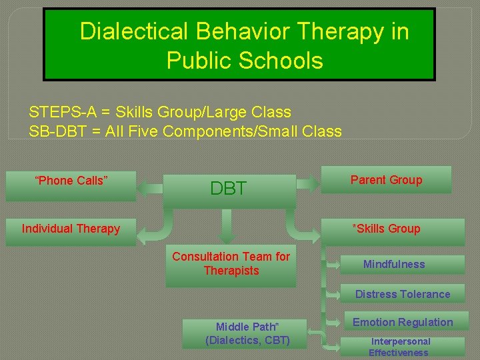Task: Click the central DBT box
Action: [229, 189]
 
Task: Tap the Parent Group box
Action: [386, 180]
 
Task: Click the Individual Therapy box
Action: [71, 229]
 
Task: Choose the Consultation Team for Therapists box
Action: [231, 264]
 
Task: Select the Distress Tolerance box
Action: [402, 294]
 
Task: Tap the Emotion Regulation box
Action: [402, 323]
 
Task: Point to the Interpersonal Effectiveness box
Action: [400, 347]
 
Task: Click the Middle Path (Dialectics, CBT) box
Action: [247, 333]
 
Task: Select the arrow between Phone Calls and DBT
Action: [151, 189]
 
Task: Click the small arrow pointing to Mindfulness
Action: [332, 265]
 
